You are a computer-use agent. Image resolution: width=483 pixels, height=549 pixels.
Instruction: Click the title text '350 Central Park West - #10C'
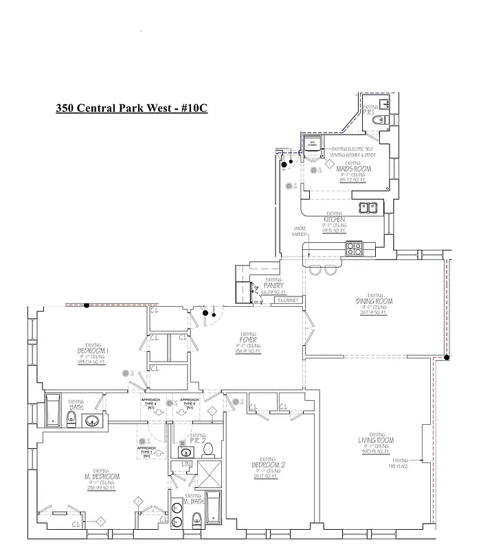tap(131, 109)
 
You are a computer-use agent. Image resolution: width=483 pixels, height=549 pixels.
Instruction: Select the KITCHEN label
tap(334, 220)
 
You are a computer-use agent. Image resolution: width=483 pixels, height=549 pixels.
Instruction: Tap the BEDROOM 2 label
tap(268, 465)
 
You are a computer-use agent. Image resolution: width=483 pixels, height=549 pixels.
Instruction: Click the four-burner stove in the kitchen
tap(355, 248)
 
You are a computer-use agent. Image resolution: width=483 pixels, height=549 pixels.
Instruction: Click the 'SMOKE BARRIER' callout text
tap(300, 231)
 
